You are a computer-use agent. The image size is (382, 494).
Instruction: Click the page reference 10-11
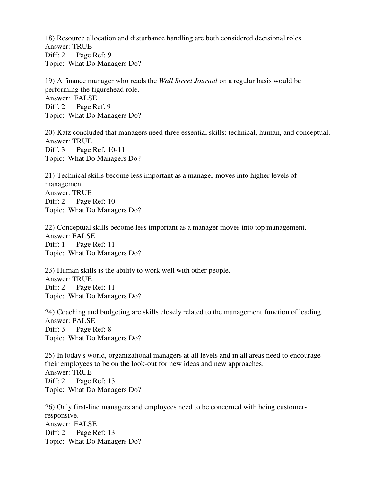point(117,150)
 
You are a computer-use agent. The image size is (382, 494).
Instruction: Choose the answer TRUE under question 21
point(82,193)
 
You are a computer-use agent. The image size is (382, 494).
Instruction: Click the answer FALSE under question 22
point(83,236)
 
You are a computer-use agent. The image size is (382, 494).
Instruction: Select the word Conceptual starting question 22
point(74,227)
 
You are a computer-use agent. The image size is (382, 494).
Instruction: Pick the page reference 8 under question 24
point(109,329)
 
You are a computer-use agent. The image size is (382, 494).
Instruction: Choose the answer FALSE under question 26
point(85,424)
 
